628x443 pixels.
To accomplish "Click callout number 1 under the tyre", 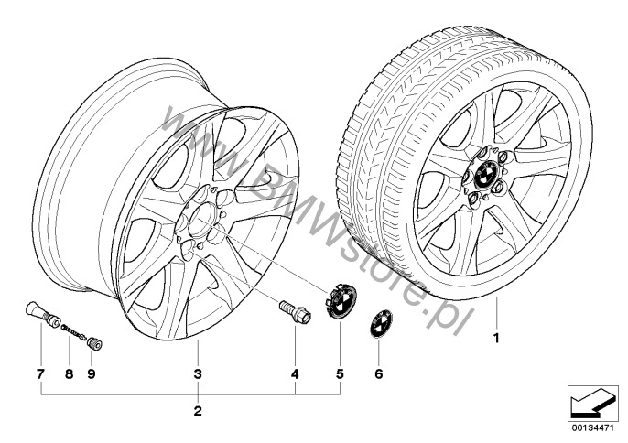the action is point(496,339).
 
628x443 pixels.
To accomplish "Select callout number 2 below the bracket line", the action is point(198,411).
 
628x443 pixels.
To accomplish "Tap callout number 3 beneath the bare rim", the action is point(198,374).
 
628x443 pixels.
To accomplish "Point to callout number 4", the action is point(295,374).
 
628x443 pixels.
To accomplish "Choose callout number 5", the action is point(340,374).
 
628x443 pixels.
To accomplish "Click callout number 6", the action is point(378,374).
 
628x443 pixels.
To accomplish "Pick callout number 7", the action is point(40,374).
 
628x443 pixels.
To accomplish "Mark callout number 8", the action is point(69,374).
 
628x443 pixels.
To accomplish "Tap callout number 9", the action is point(92,374).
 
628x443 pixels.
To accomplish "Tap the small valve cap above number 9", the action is point(94,343).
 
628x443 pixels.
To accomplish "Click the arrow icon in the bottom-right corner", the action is point(593,402).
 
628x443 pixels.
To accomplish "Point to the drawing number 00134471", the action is point(592,427).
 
